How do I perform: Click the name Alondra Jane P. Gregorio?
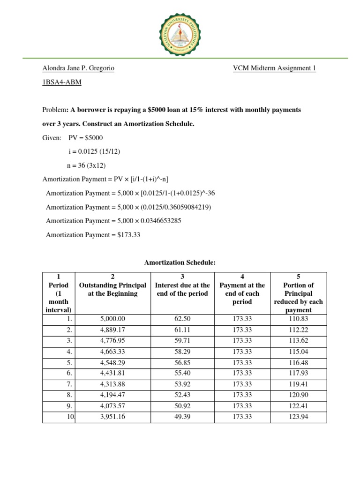click(78, 68)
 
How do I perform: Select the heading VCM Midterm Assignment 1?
click(274, 68)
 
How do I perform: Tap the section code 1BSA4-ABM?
click(61, 82)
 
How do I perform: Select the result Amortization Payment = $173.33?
click(93, 235)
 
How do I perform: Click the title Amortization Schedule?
click(180, 263)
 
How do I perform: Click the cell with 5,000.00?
click(112, 319)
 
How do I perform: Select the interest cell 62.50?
click(182, 319)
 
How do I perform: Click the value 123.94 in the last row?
click(298, 416)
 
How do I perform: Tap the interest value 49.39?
click(182, 416)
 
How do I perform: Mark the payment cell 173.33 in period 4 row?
click(242, 351)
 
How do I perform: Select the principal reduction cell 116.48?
click(298, 362)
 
